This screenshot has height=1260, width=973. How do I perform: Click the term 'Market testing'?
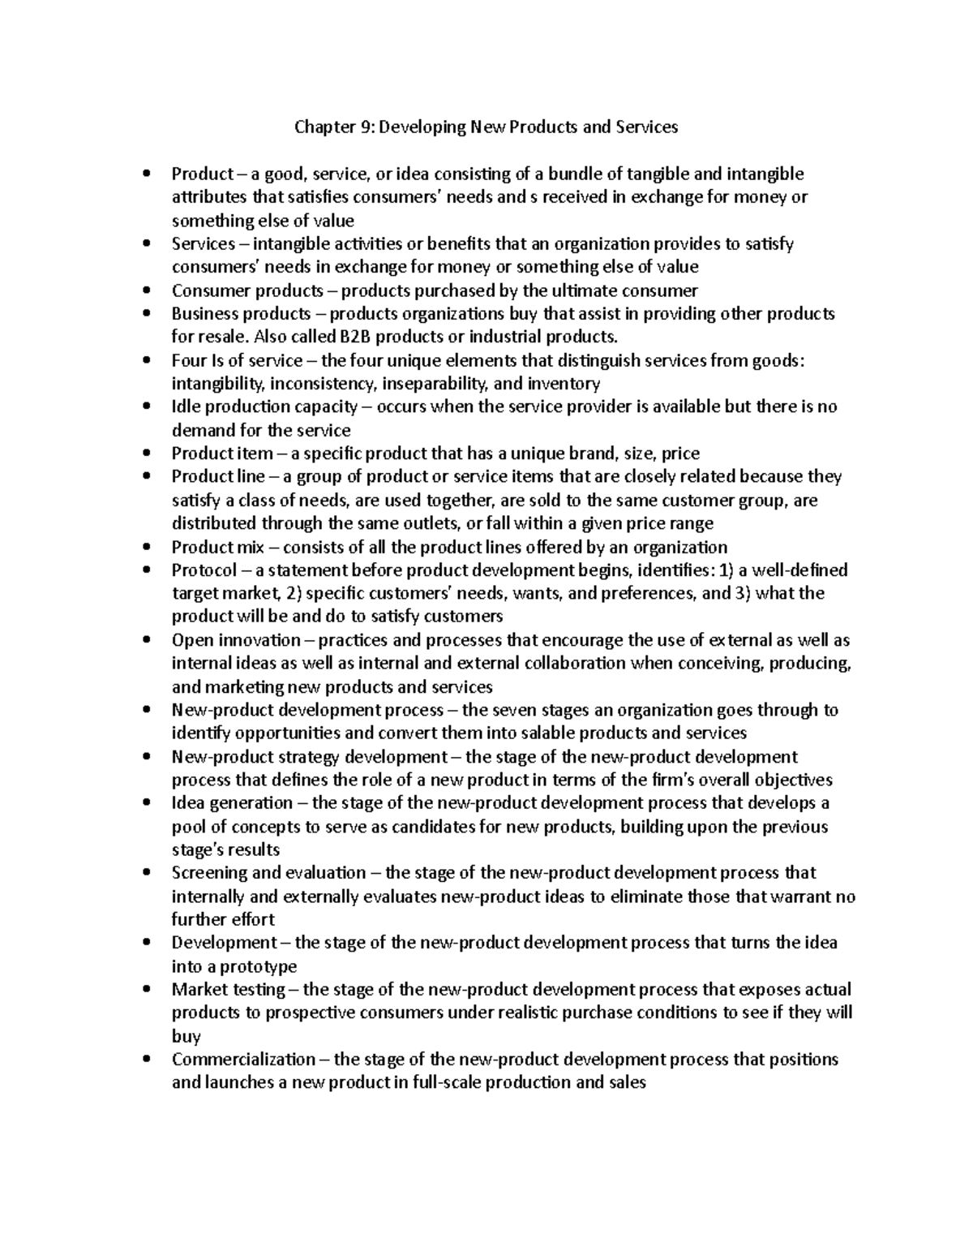tap(228, 990)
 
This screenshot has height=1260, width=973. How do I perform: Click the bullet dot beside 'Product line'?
tap(146, 477)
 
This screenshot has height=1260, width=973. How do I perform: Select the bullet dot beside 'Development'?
tap(146, 944)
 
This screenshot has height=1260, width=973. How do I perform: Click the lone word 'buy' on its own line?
tap(186, 1037)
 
